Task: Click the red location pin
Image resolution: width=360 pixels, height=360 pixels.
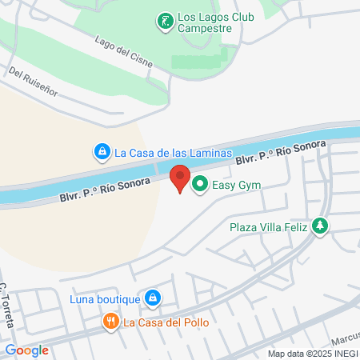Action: [x=181, y=178]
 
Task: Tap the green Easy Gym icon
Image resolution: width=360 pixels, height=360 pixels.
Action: [x=198, y=185]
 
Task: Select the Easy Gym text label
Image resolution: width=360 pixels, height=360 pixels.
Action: [x=237, y=186]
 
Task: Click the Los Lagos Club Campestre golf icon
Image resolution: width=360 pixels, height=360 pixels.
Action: [x=165, y=21]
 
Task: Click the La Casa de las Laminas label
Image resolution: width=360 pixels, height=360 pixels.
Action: [x=173, y=152]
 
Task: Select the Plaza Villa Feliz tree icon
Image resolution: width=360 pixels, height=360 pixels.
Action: [x=320, y=226]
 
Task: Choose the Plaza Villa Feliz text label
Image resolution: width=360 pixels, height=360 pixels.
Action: [x=269, y=227]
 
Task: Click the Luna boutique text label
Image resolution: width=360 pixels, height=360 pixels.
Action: [x=104, y=300]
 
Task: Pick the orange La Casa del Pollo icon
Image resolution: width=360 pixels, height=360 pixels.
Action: [x=111, y=322]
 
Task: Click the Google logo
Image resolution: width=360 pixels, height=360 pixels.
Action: [x=26, y=350]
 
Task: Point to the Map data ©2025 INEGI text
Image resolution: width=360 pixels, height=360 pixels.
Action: [x=312, y=354]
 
